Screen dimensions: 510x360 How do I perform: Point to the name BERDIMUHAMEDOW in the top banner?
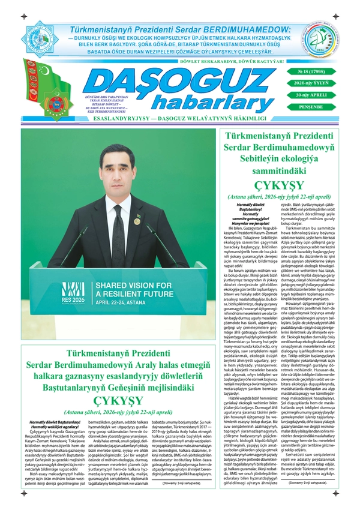click(246, 29)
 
